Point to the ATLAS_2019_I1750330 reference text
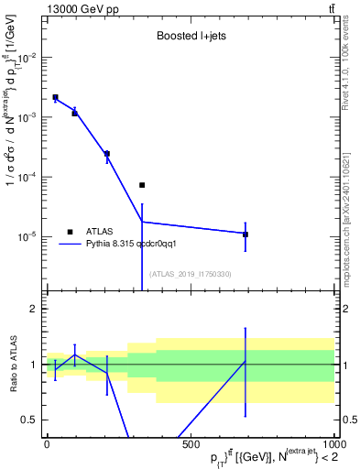click(x=190, y=274)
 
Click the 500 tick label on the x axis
click(x=191, y=444)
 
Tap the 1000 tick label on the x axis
click(x=332, y=444)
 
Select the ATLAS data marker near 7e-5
click(x=142, y=185)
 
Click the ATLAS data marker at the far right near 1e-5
click(x=245, y=234)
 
